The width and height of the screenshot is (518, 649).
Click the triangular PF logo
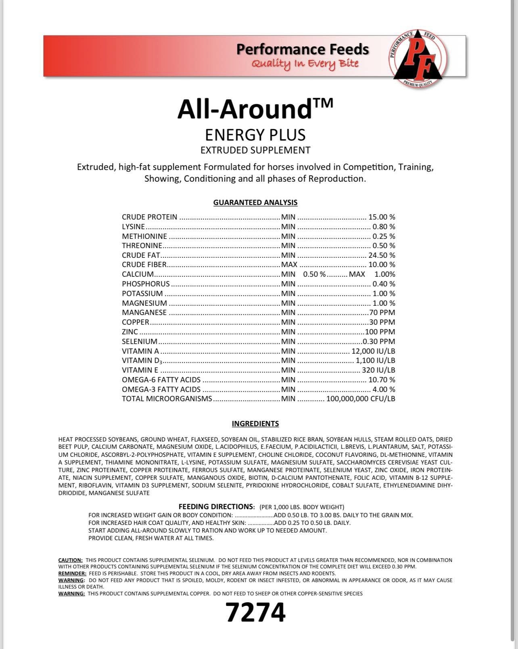point(418,57)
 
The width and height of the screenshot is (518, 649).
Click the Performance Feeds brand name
point(302,49)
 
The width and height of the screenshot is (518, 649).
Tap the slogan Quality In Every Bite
point(305,64)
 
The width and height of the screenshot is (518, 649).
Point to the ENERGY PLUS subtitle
point(255,135)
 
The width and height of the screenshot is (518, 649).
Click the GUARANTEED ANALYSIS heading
point(255,202)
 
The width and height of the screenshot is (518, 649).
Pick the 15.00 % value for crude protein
point(381,217)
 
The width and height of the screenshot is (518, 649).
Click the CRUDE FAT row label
point(141,255)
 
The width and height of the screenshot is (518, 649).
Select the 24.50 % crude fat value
point(381,255)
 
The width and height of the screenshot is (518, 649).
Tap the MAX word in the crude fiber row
point(289,265)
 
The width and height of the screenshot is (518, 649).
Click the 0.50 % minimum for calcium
point(314,274)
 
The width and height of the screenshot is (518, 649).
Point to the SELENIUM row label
point(140,341)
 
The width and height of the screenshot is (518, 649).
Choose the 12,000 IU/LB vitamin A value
point(373,351)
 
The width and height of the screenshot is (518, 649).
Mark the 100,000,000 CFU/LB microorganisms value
point(360,399)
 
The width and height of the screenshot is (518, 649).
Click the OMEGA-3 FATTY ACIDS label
point(161,389)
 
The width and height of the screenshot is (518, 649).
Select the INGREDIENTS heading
point(255,424)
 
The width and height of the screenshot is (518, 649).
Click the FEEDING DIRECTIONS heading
point(216,507)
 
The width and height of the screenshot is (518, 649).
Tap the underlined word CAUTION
point(71,560)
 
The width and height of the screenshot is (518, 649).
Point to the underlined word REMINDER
point(72,573)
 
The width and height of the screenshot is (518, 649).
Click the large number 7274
point(255,613)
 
